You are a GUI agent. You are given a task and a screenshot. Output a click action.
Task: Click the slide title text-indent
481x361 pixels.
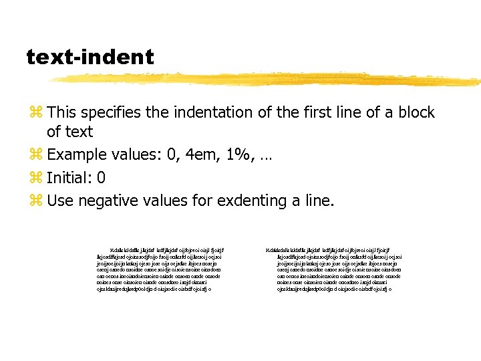point(90,57)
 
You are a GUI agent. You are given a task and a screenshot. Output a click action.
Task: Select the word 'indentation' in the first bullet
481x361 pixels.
point(219,112)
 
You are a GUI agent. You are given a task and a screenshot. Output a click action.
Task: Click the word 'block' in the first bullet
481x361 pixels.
point(416,112)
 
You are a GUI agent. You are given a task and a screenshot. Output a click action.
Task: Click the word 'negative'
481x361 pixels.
point(104,200)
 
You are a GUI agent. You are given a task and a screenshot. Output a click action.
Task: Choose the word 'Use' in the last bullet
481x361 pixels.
point(59,200)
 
